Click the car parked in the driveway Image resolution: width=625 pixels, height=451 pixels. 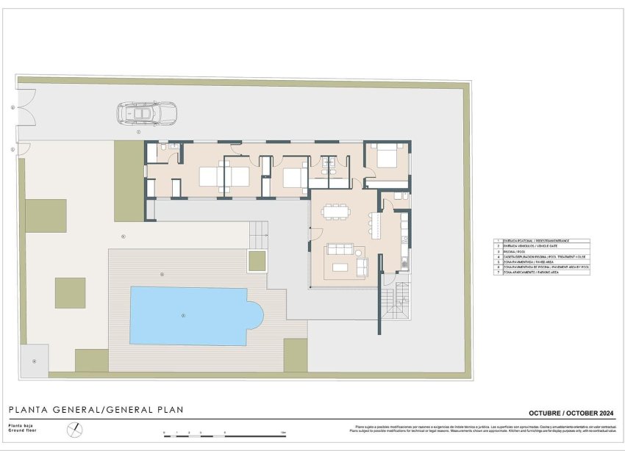click(x=146, y=114)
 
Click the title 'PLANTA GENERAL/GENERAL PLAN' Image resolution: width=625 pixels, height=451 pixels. click(x=96, y=410)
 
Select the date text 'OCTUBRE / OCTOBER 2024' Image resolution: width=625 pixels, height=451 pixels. click(x=570, y=412)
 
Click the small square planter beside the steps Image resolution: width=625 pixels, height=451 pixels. click(x=257, y=261)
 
